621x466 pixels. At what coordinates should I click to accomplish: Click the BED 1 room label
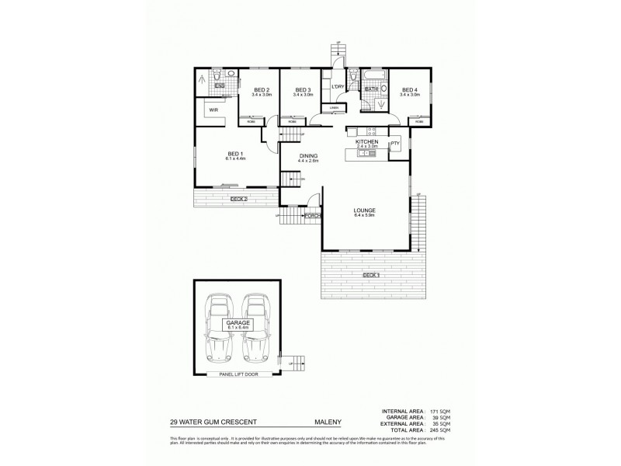click(236, 153)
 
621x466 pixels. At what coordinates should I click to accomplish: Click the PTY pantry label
click(394, 143)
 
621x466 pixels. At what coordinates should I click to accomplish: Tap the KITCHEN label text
click(366, 142)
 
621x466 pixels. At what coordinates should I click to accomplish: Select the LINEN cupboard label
click(334, 108)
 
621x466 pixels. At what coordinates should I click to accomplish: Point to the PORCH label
click(313, 215)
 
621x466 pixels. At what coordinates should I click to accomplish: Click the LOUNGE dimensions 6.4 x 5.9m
click(365, 216)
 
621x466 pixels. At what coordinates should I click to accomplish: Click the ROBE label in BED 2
click(252, 122)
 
